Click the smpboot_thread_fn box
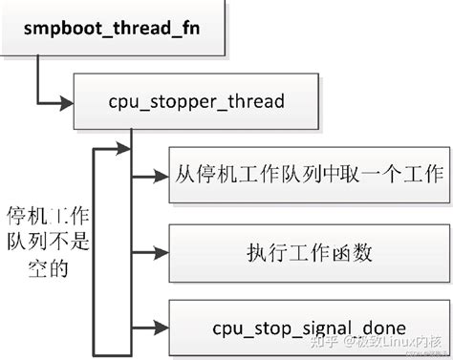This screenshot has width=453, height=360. (x=113, y=28)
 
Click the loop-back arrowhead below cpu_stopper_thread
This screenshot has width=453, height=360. (x=122, y=149)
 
